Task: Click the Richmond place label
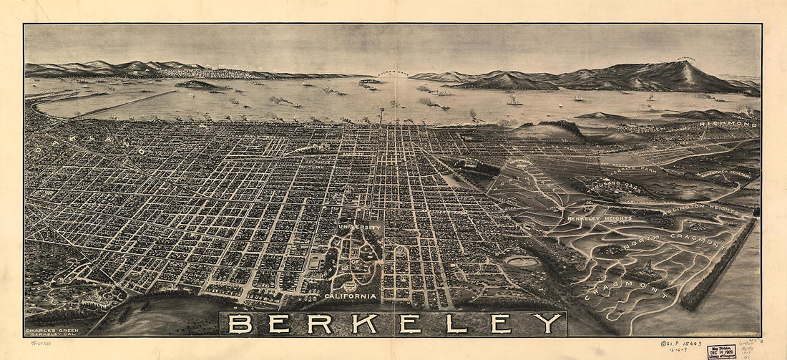730,124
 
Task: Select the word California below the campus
350,296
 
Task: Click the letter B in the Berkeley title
240,323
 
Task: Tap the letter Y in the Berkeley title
547,323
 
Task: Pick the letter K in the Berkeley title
364,323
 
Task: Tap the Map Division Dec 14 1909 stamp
721,351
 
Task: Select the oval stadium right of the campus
524,262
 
